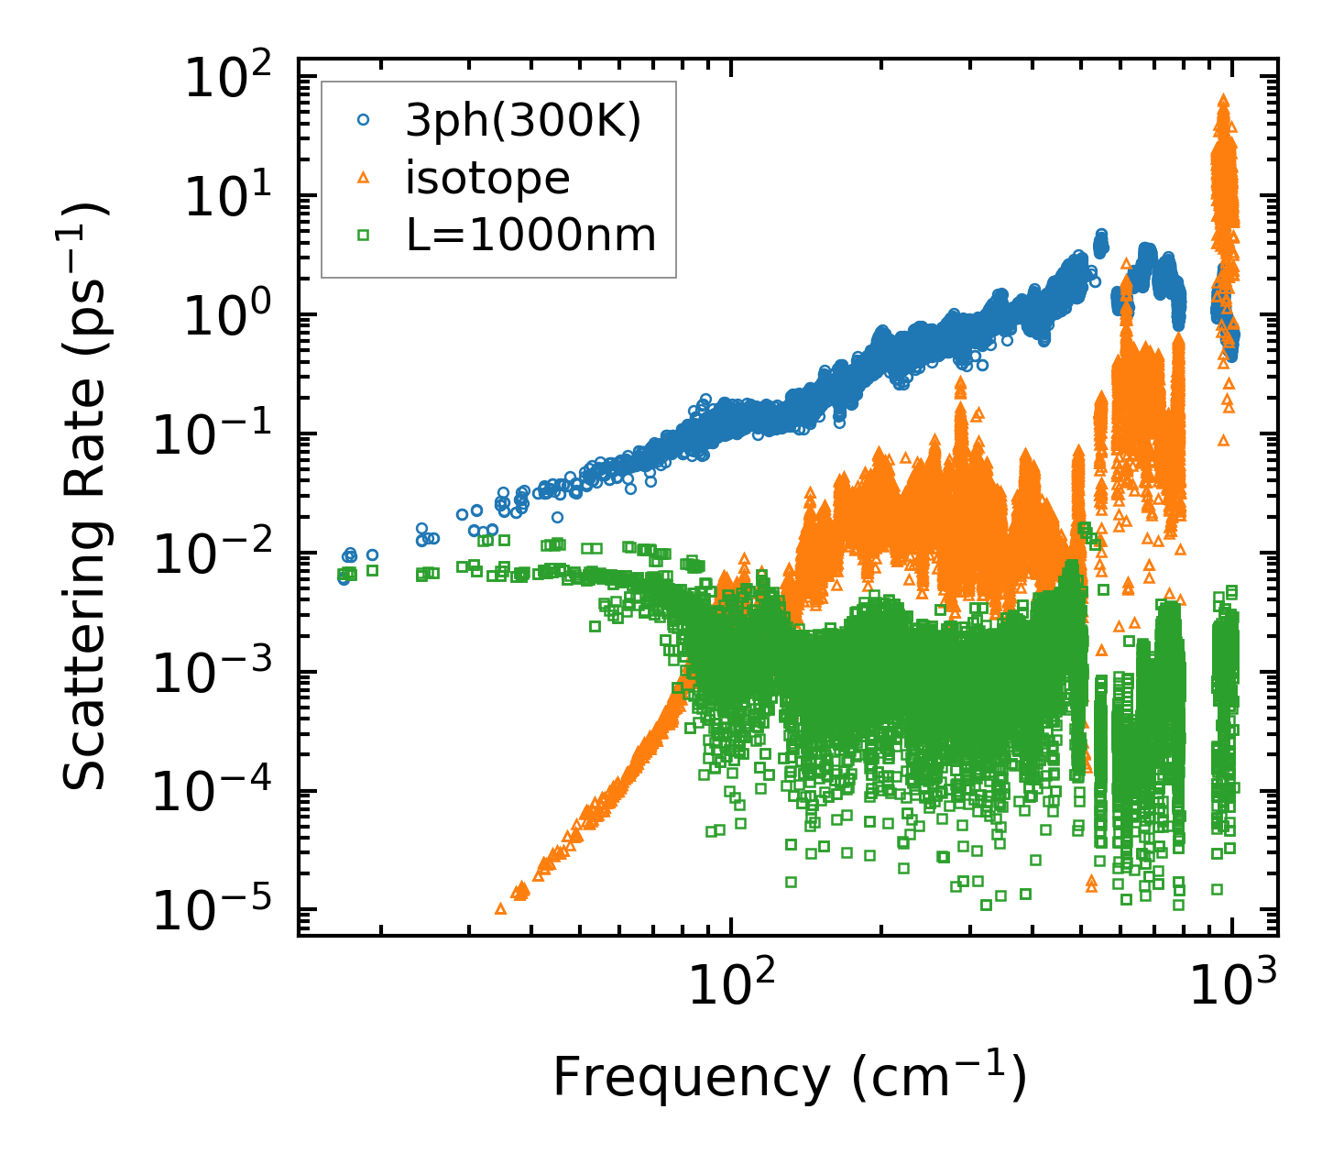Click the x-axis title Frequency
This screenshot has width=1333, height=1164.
789,1076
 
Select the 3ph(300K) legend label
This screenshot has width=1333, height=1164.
523,120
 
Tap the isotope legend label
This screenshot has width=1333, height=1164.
487,178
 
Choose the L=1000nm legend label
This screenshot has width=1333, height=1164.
531,236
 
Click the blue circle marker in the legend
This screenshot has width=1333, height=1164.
364,119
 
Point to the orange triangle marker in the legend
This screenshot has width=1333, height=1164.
364,178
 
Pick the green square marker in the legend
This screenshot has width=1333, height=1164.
364,236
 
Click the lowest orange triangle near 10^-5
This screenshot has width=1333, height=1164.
500,908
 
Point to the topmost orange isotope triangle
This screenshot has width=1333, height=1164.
1223,99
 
